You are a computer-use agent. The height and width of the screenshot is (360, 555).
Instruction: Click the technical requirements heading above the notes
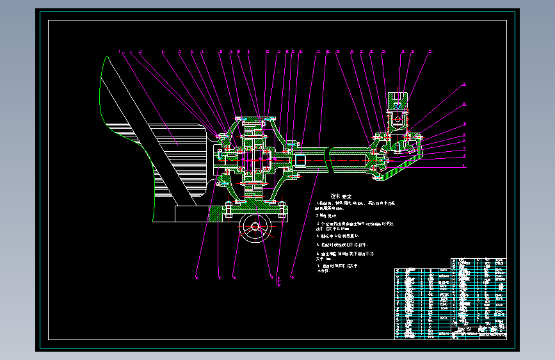tap(341, 196)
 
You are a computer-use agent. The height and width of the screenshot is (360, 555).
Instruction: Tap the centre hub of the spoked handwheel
tap(255, 226)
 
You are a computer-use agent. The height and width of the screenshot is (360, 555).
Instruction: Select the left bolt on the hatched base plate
tap(229, 209)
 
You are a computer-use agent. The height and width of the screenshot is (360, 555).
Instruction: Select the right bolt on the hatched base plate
tap(281, 209)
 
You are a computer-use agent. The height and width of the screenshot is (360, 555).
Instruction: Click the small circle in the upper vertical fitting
tap(398, 119)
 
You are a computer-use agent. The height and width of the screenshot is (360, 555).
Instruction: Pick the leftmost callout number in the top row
tap(119, 51)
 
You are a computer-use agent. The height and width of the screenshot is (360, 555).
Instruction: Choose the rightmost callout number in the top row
tap(430, 51)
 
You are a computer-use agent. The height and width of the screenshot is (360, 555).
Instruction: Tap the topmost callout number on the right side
tap(465, 84)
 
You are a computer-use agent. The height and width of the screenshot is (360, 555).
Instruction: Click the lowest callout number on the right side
tap(465, 165)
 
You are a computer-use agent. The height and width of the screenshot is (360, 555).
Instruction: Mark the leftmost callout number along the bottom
tap(197, 277)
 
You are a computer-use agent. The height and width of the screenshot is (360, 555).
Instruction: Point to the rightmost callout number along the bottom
tap(292, 277)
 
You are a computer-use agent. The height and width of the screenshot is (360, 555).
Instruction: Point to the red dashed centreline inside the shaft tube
tap(346, 160)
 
